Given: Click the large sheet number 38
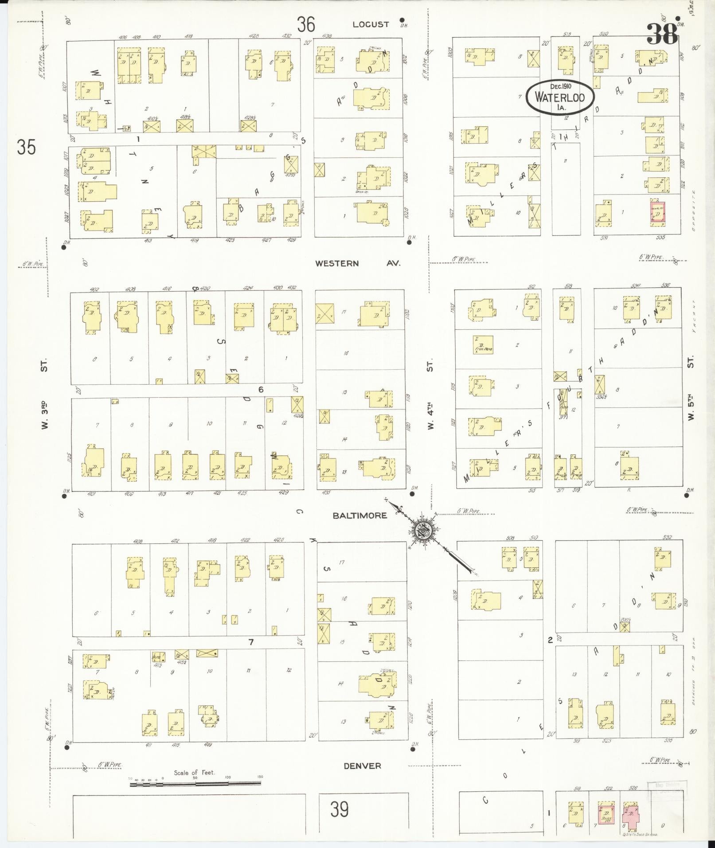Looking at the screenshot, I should coord(662,34).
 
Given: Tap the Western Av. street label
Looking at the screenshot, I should coord(357,263).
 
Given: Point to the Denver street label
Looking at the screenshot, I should coord(362,766).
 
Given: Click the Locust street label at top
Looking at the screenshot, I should coord(371,24).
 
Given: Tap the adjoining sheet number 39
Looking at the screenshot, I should coord(339,809).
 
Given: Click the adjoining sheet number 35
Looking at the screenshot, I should coord(26,147).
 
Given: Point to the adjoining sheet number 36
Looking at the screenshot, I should coord(306,24).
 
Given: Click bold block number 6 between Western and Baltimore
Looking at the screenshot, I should coord(261,389).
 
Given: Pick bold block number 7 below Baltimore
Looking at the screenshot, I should coord(251,641).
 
